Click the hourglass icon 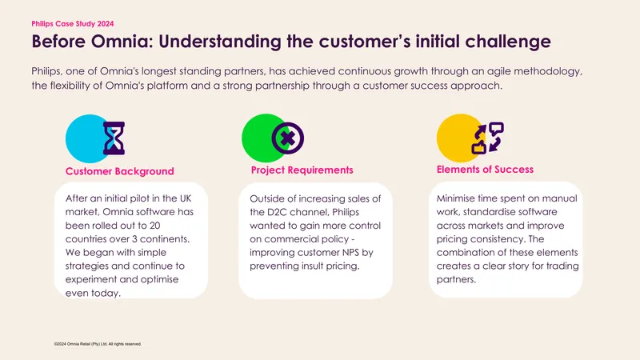pos(114,138)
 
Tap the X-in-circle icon pos(288,138)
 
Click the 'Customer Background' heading pos(119,171)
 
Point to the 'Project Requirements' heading pos(302,170)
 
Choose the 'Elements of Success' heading pos(485,170)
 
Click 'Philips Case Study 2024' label pos(73,24)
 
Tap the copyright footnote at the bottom pos(98,344)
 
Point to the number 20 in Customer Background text pos(154,226)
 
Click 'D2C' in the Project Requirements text pos(277,212)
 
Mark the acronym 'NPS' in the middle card pos(350,252)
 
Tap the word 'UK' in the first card pos(185,198)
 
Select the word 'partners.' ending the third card pos(456,280)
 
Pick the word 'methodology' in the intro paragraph pos(548,71)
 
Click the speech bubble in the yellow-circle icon pos(496,129)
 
